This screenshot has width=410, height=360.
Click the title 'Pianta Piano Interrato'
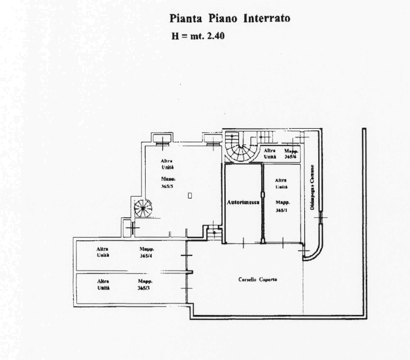tap(230, 19)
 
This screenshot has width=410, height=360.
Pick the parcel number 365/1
tap(281, 210)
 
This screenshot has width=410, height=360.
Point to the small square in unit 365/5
tap(190, 196)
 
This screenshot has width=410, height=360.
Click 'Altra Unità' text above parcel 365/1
tap(281, 183)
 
